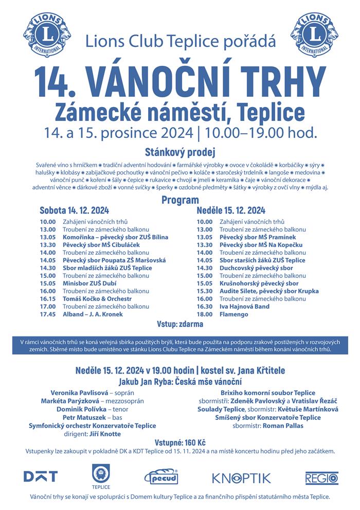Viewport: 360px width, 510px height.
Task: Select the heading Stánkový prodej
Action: (180, 152)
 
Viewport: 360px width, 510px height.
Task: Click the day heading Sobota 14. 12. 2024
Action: (74, 210)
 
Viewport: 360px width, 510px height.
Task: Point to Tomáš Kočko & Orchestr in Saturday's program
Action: (97, 298)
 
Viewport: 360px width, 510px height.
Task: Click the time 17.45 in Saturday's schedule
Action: (47, 314)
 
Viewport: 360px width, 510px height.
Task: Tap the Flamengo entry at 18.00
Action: (233, 314)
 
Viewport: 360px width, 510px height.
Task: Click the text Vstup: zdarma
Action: (180, 324)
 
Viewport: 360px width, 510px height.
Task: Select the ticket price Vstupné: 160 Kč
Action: (180, 443)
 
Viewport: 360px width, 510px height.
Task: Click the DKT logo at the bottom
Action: (41, 477)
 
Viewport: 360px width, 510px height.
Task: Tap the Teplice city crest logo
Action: (101, 475)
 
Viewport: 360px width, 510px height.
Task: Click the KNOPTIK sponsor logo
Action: (241, 478)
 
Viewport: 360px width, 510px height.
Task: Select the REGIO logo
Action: (321, 478)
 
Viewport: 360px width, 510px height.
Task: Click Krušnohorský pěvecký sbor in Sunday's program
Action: (259, 283)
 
